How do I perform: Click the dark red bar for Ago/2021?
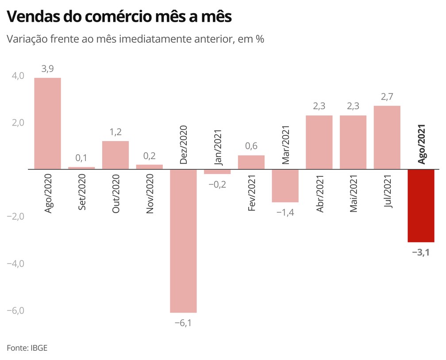click(x=421, y=206)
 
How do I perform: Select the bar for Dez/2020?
click(x=183, y=241)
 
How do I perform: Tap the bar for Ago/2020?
click(x=47, y=123)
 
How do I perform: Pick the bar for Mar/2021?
click(x=285, y=186)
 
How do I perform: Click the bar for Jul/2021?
click(x=387, y=138)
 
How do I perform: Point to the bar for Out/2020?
click(x=115, y=155)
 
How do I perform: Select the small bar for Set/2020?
click(x=81, y=168)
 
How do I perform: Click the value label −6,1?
click(x=183, y=323)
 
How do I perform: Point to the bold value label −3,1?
click(x=421, y=253)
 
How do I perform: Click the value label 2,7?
click(x=387, y=96)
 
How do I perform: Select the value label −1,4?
click(x=285, y=212)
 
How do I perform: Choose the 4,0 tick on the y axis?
click(x=18, y=76)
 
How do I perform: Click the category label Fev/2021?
click(x=252, y=194)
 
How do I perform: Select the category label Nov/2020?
click(x=150, y=194)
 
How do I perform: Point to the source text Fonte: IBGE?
click(x=27, y=348)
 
